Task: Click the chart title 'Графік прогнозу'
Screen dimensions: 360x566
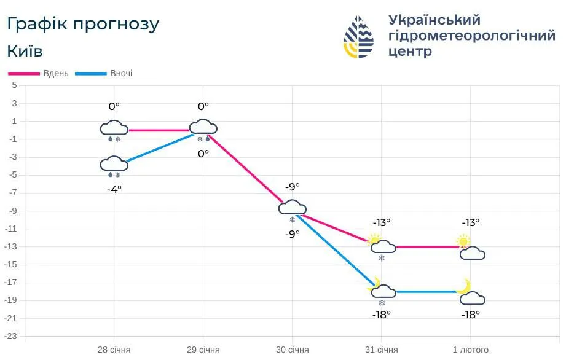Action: (x=83, y=24)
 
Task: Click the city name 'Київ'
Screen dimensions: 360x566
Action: (x=25, y=50)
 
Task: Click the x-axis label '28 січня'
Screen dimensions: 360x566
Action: (x=114, y=350)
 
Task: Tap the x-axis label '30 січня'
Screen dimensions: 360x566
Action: (x=292, y=350)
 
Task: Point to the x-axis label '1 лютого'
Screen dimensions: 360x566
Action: (x=471, y=350)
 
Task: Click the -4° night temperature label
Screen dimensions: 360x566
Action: (x=114, y=189)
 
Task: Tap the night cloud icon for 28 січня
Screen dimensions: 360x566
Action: (x=114, y=163)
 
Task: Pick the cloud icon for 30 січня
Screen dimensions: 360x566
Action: (x=292, y=207)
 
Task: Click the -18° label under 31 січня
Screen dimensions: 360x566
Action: (x=381, y=315)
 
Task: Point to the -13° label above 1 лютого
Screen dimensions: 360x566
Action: (x=470, y=222)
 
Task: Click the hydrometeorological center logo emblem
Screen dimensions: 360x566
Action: (x=358, y=37)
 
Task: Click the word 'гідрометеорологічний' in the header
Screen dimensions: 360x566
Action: (x=472, y=36)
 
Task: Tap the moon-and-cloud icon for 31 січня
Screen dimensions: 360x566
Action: (x=382, y=289)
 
